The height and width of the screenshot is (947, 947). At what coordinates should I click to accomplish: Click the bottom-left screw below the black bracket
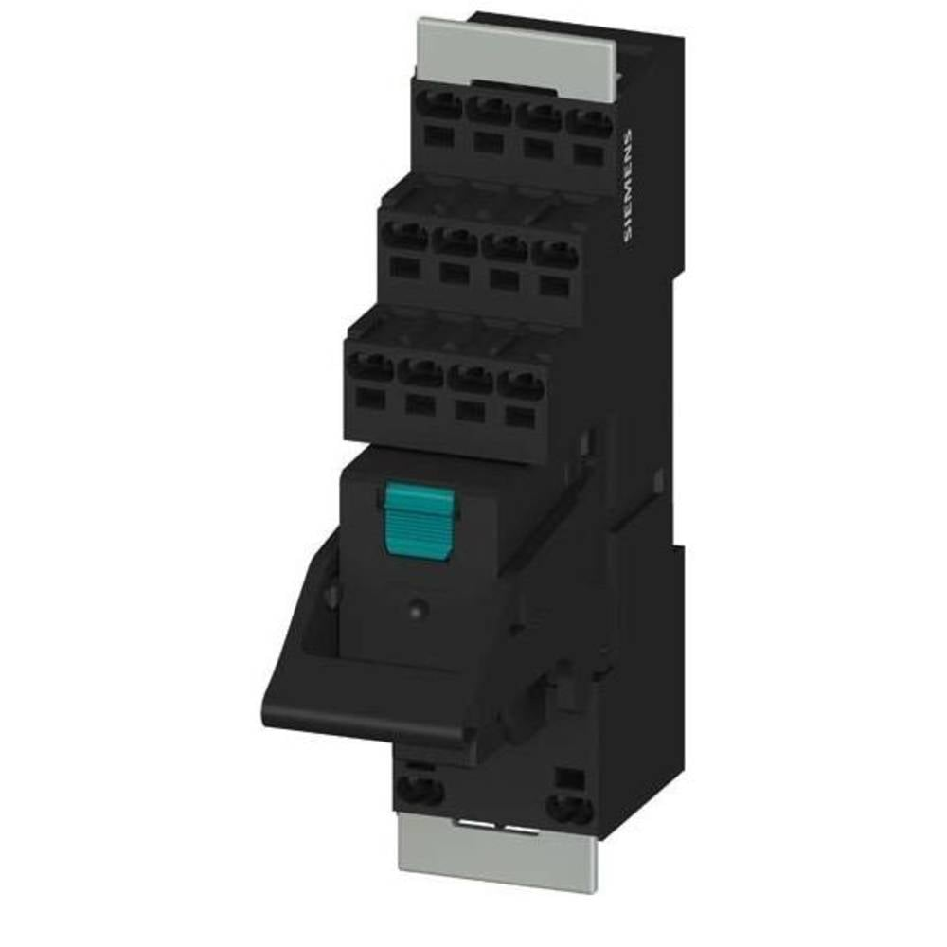coord(421,789)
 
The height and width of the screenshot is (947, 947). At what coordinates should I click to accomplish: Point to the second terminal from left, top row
coord(489,112)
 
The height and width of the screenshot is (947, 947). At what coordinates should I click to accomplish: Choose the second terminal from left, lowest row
coord(420,372)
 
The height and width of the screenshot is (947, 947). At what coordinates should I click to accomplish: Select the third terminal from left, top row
coord(540,119)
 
